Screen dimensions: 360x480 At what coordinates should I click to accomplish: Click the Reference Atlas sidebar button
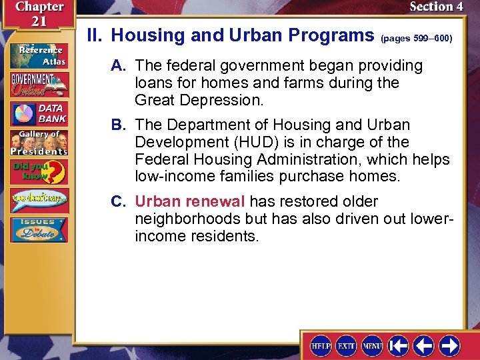(x=38, y=55)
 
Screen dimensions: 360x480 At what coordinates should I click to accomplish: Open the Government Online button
(x=38, y=84)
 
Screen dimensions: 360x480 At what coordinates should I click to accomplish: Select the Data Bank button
(x=38, y=114)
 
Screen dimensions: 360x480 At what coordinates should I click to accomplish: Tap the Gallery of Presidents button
(x=38, y=143)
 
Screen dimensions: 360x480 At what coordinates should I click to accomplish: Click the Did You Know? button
(x=38, y=172)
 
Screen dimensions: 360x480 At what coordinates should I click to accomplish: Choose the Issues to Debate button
(x=38, y=229)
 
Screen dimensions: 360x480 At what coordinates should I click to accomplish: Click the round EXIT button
(x=346, y=345)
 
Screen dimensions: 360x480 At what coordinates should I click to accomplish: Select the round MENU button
(x=371, y=345)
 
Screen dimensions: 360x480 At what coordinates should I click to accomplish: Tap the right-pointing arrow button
(x=449, y=345)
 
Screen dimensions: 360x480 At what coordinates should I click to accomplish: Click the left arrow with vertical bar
(x=398, y=345)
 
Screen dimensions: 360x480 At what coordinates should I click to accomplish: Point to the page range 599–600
(x=417, y=39)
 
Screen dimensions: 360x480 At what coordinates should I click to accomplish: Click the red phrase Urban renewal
(x=190, y=201)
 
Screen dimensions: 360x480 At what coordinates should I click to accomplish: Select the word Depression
(x=227, y=100)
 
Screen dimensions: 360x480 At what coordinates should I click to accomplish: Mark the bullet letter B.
(x=117, y=125)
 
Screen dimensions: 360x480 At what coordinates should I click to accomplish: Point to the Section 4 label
(x=436, y=7)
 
